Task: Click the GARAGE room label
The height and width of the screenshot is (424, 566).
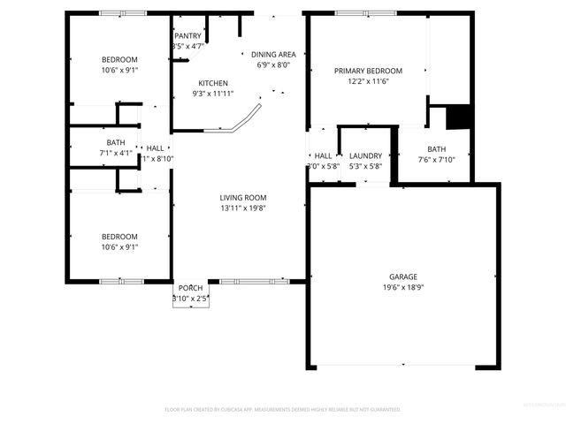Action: pos(403,276)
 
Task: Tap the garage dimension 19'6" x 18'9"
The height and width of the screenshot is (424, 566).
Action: pos(403,287)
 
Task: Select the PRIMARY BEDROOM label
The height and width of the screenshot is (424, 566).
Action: pos(368,71)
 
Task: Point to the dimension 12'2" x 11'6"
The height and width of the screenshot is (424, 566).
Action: pos(368,81)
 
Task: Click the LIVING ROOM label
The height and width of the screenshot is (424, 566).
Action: pos(243,198)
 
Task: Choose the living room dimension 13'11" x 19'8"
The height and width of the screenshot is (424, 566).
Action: pos(243,208)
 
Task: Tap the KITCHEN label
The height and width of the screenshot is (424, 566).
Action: pos(213,83)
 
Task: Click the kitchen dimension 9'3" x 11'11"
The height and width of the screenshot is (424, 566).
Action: pos(213,94)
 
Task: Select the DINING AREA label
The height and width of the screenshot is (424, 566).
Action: pos(273,54)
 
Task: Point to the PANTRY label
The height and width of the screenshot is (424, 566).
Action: pos(187,36)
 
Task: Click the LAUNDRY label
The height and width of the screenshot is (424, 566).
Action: pos(365,155)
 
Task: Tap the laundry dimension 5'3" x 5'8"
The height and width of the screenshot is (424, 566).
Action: pos(365,166)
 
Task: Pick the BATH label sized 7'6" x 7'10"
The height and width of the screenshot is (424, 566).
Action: pos(437,149)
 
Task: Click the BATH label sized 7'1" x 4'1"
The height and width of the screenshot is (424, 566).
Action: pos(116,142)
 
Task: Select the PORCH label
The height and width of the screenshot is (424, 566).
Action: pos(190,289)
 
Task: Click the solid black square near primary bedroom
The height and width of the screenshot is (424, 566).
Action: pos(458,117)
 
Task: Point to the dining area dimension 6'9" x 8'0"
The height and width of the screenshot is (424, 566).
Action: pos(273,64)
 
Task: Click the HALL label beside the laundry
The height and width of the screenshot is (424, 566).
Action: pos(323,155)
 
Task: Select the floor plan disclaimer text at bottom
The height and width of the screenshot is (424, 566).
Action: pos(283,410)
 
